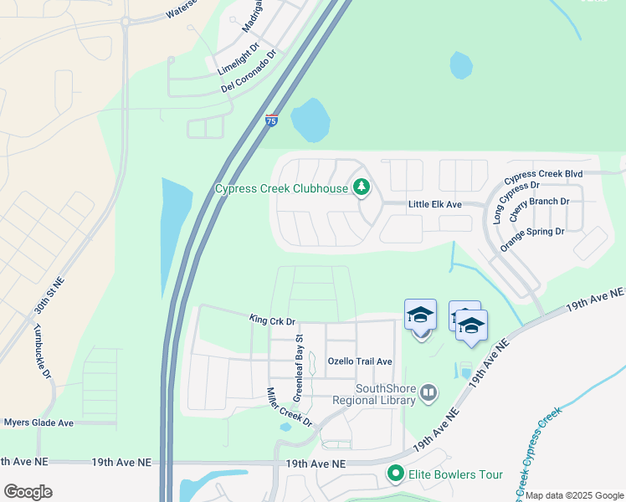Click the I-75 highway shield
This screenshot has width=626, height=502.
pyautogui.click(x=271, y=120)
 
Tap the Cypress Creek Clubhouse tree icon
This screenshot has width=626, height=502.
pyautogui.click(x=362, y=187)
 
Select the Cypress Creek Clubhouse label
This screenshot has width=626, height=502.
pyautogui.click(x=281, y=189)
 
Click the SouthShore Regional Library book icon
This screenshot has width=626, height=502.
pyautogui.click(x=428, y=392)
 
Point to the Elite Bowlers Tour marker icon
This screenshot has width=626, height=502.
pyautogui.click(x=395, y=474)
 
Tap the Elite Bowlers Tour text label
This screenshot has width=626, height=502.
pyautogui.click(x=455, y=475)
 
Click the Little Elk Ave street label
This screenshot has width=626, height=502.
pyautogui.click(x=435, y=204)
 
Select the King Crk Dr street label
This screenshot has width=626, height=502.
pyautogui.click(x=273, y=320)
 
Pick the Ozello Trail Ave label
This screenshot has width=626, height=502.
pyautogui.click(x=360, y=361)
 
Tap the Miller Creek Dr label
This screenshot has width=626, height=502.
pyautogui.click(x=289, y=407)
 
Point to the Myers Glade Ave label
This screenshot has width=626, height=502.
pyautogui.click(x=38, y=423)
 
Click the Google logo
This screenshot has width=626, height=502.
pyautogui.click(x=28, y=492)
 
